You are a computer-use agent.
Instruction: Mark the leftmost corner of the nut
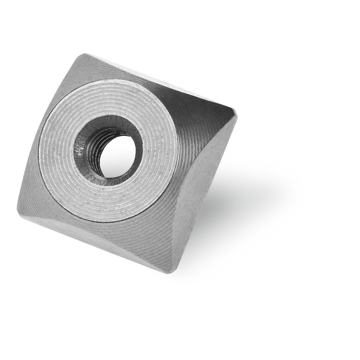coord(18,209)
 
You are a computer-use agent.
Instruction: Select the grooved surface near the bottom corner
coord(162,245)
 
